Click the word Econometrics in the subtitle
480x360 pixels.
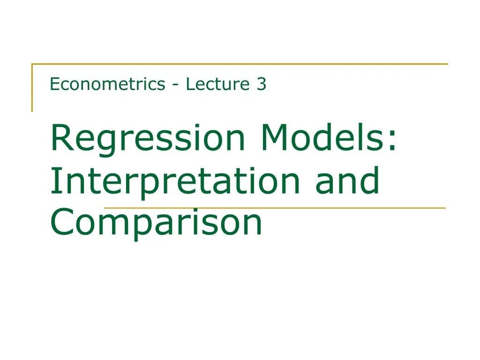click(x=107, y=84)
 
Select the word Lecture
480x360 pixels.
click(x=217, y=84)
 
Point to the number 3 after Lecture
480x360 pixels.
click(x=261, y=84)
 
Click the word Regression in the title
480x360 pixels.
click(x=148, y=139)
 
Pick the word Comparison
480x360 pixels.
click(x=156, y=223)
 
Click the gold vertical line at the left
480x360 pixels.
click(x=32, y=88)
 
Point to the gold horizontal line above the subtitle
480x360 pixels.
click(x=240, y=64)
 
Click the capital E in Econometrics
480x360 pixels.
click(x=54, y=84)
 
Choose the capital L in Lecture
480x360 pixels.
click(x=189, y=84)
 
